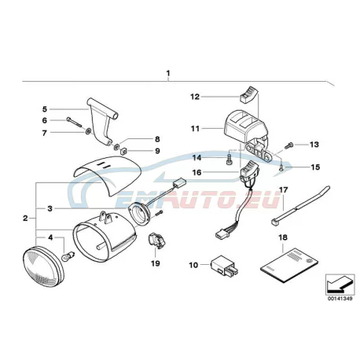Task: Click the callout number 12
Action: pyautogui.click(x=195, y=97)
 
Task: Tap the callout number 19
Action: pyautogui.click(x=155, y=263)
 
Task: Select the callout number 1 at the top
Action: pyautogui.click(x=168, y=73)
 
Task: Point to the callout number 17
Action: pyautogui.click(x=283, y=189)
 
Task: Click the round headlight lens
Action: pyautogui.click(x=43, y=266)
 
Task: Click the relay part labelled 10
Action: pyautogui.click(x=225, y=266)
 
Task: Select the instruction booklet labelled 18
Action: pyautogui.click(x=289, y=265)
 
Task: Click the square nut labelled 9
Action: pyautogui.click(x=123, y=151)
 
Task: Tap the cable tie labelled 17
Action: pyautogui.click(x=300, y=206)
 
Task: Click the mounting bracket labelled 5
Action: pyautogui.click(x=100, y=118)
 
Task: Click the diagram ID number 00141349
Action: pyautogui.click(x=340, y=299)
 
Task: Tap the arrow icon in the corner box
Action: pyautogui.click(x=338, y=285)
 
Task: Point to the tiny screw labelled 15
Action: pyautogui.click(x=281, y=168)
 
